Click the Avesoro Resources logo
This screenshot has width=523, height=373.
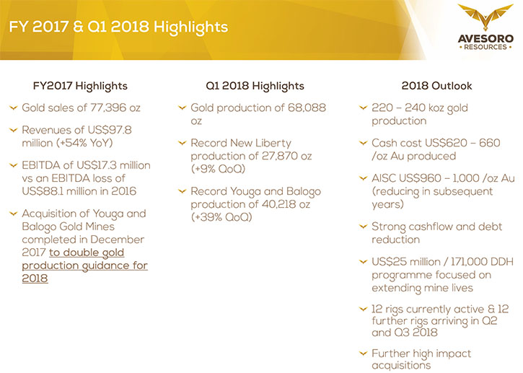pos(485,27)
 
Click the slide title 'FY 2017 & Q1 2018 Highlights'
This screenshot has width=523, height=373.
pos(118,27)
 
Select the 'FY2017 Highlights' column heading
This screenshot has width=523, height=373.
pos(80,86)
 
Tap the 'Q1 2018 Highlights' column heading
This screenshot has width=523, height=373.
pos(255,86)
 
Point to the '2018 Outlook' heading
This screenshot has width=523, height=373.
pos(436,86)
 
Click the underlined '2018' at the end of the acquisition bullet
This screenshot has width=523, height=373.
pos(35,278)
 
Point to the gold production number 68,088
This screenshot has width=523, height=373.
pos(306,107)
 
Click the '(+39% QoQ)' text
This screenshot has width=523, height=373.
pos(221,217)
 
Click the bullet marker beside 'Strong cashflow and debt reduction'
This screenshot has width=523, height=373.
pos(363,227)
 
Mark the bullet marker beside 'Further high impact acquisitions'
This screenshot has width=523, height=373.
pos(363,353)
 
